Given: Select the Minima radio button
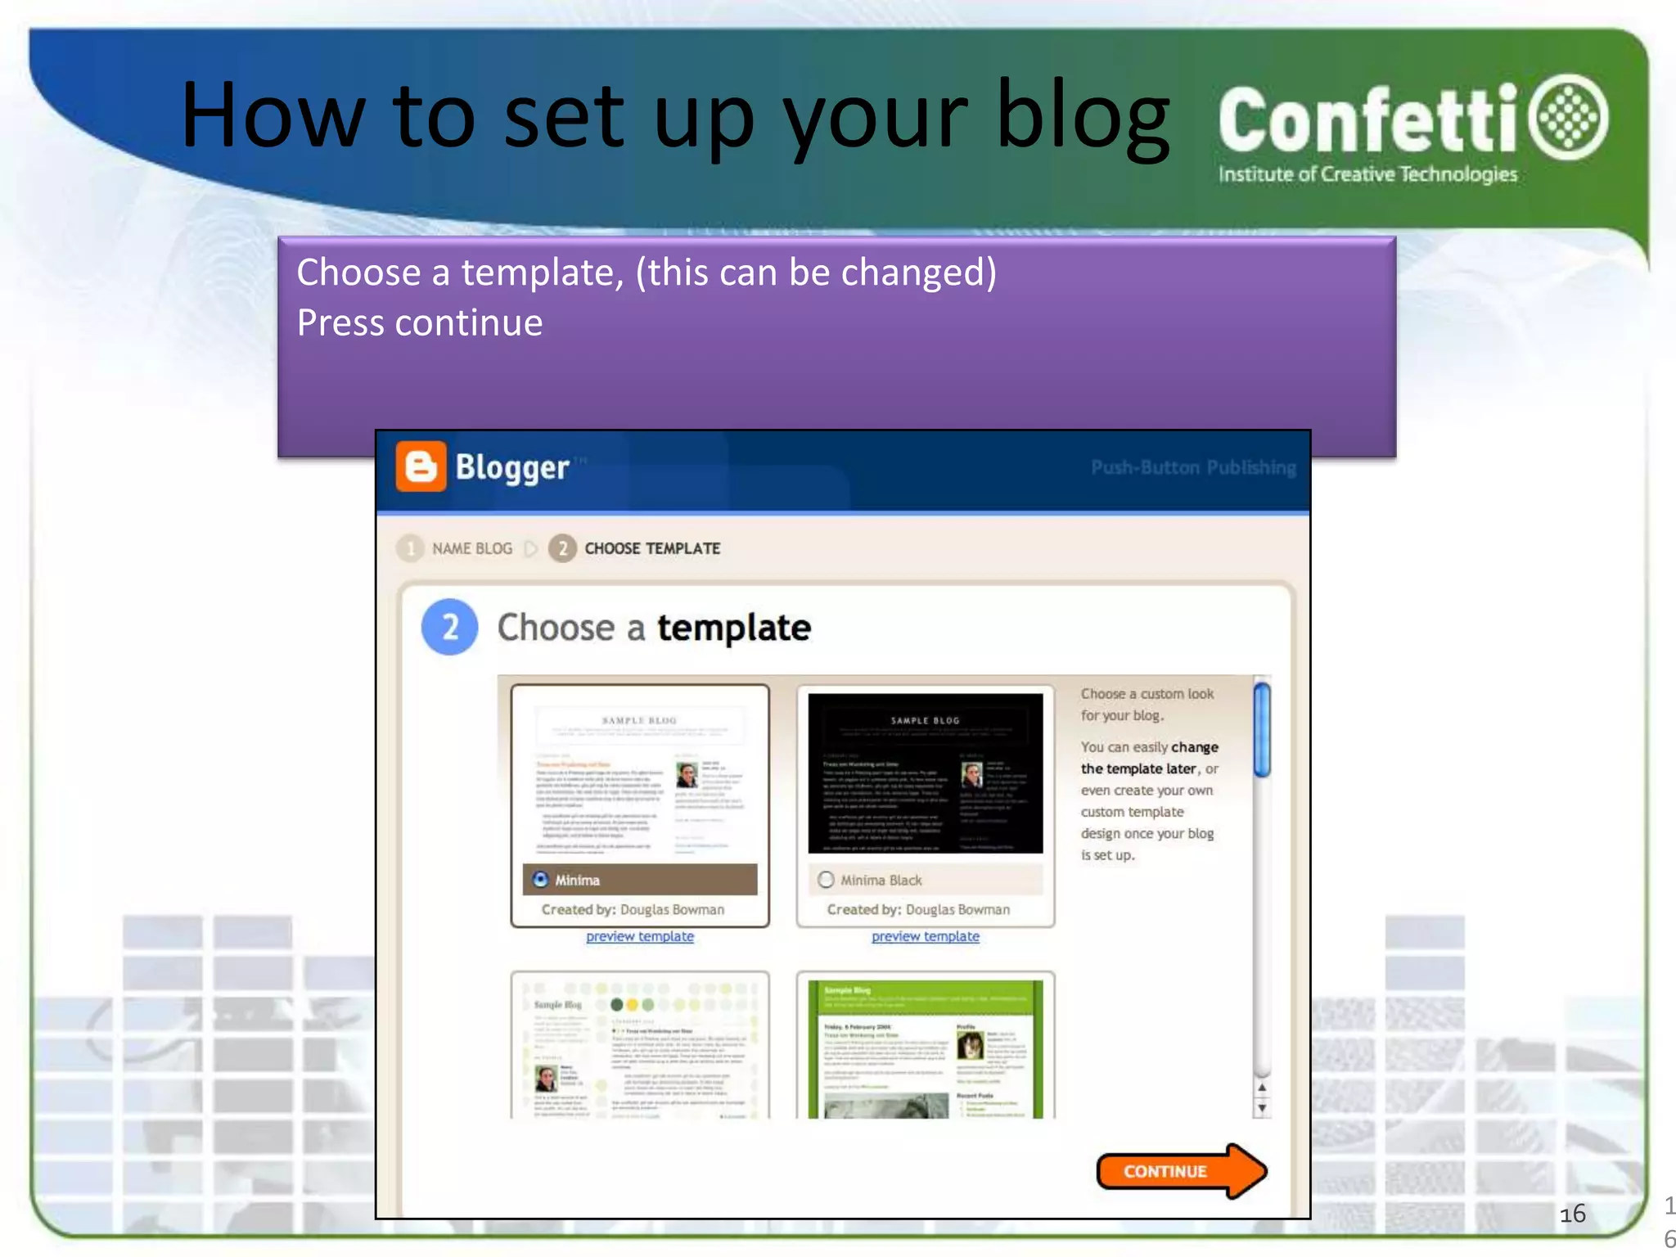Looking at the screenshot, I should point(540,880).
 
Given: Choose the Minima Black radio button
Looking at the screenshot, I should point(826,880).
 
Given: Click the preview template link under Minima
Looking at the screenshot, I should point(639,936).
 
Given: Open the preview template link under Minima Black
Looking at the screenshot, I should point(925,936).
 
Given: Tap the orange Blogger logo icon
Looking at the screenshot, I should point(421,466).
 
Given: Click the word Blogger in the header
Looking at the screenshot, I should point(511,467).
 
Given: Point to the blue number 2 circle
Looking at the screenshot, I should point(449,628).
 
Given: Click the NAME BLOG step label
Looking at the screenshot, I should point(471,548).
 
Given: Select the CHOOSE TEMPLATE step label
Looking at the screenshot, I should point(651,548).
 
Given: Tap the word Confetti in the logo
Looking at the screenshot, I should point(1367,121).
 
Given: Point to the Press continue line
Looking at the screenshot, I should point(419,322).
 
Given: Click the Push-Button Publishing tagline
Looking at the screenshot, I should point(1192,467).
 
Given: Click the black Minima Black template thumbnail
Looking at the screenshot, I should point(925,773).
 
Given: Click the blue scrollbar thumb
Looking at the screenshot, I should point(1262,729).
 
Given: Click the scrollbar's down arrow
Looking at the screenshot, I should point(1262,1108).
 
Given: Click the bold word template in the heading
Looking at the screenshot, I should point(733,628).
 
